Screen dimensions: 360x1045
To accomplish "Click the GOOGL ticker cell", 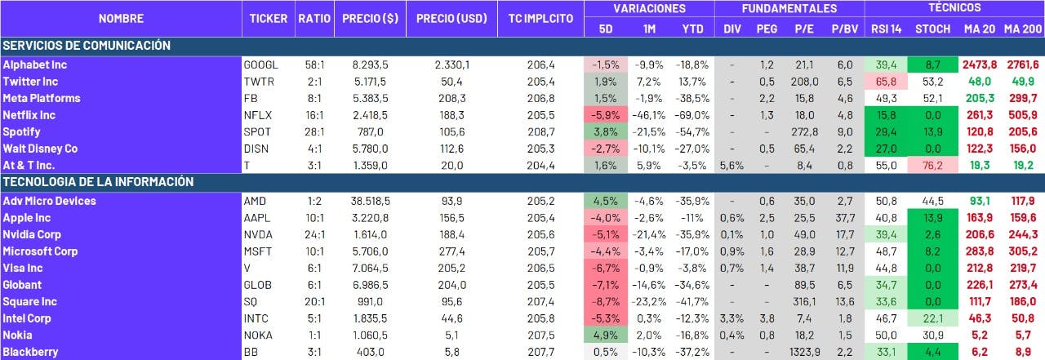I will point(261,64).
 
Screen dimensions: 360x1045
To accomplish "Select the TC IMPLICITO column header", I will point(540,18).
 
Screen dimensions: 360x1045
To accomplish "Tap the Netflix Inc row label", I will point(29,115).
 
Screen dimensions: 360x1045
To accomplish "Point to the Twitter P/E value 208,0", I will point(804,82).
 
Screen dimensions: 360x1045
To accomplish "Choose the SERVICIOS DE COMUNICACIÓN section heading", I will point(86,46).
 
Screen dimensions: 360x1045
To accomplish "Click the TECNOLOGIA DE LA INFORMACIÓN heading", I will point(98,182).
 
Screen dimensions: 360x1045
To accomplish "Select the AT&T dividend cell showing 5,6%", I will point(731,166).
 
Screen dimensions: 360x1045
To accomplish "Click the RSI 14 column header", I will point(886,29).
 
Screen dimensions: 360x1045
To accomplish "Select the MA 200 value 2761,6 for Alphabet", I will point(1022,64).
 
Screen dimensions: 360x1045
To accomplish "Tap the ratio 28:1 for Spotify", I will point(313,132).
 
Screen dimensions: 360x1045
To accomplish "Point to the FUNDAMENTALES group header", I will point(789,9).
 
